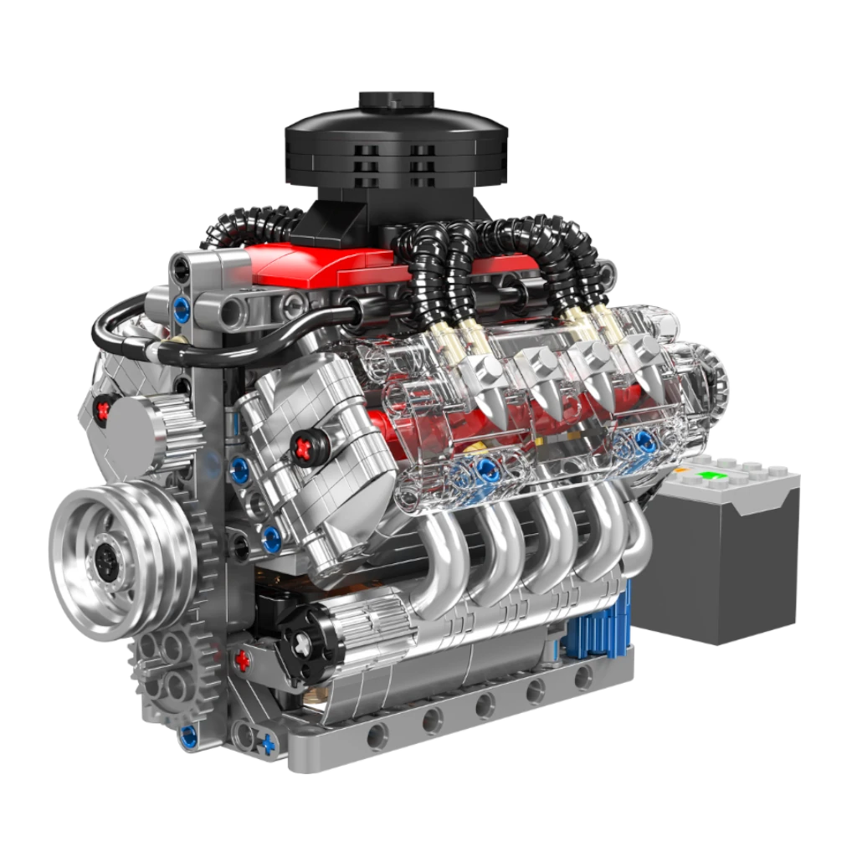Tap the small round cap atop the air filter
[396, 98]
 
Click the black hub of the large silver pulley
[108, 553]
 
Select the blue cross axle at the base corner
[267, 742]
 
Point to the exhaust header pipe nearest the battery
[632, 536]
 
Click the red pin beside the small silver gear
[104, 409]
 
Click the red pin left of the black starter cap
[243, 661]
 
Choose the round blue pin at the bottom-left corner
[189, 736]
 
